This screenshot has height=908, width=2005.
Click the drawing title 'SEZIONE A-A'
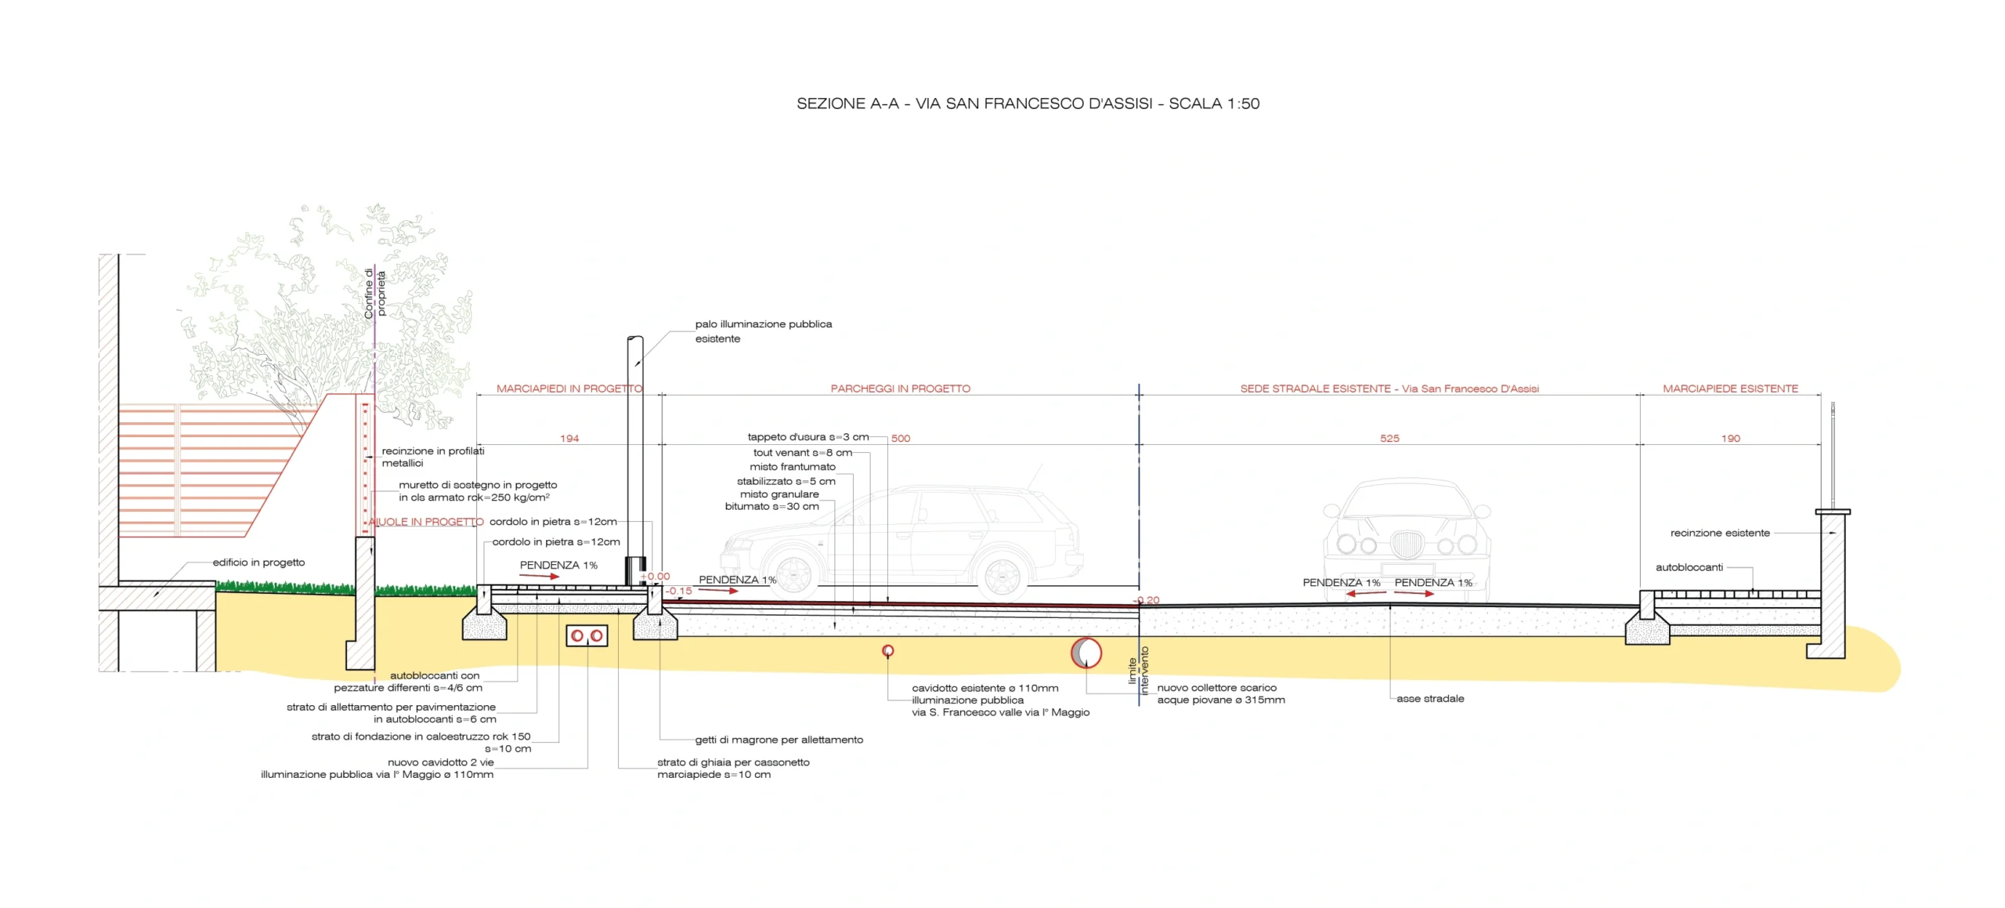[847, 103]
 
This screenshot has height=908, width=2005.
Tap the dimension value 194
[569, 439]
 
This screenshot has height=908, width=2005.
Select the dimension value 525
[1389, 439]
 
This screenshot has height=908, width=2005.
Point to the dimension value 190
[1731, 439]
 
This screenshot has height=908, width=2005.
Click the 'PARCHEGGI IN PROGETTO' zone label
[901, 389]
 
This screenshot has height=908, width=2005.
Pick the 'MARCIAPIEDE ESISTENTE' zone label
[1731, 389]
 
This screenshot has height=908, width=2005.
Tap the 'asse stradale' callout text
[1430, 699]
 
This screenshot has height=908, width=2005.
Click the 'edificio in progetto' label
[258, 563]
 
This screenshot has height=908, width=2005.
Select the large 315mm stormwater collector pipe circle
[1086, 653]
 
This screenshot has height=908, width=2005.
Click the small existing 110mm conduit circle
[888, 651]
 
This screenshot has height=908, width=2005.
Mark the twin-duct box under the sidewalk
[587, 635]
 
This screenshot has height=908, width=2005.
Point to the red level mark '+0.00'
[656, 577]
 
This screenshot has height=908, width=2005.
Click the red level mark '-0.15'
[679, 591]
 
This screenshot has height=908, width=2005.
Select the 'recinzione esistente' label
[1720, 534]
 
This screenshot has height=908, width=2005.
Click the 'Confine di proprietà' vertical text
[375, 294]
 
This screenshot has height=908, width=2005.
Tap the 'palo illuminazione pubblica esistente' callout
[764, 331]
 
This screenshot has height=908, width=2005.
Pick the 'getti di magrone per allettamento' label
[779, 740]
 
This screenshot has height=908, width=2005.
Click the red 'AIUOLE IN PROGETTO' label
[426, 522]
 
